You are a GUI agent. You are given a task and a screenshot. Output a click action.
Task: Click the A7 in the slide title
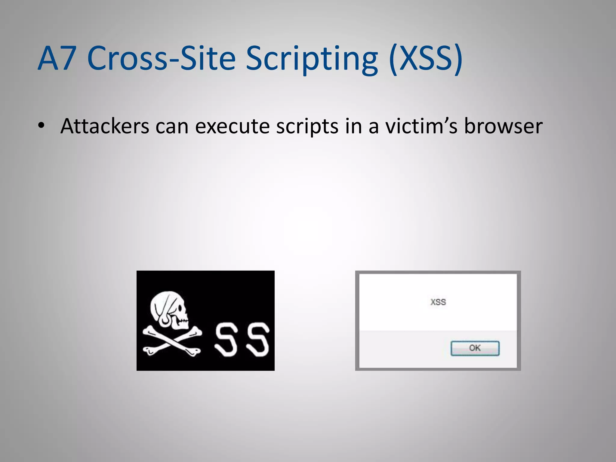57,58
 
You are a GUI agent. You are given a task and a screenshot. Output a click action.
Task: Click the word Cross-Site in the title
161,58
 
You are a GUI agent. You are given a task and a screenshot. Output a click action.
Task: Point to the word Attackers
105,126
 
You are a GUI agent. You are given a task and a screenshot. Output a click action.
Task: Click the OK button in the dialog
475,348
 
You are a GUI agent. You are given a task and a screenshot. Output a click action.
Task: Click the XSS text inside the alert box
438,302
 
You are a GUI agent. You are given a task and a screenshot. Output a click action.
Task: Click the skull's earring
165,321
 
